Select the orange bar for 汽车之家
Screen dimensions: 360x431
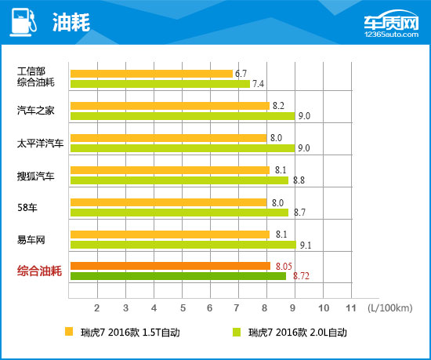pos(169,105)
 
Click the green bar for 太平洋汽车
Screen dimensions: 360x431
pos(182,148)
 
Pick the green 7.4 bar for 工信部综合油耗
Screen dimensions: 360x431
pos(159,84)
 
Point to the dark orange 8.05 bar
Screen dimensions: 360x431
pos(169,266)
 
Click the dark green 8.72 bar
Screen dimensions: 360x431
pos(179,276)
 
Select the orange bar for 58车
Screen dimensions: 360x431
pos(168,202)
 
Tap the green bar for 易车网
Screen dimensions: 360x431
pos(183,244)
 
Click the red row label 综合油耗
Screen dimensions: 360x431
pos(38,271)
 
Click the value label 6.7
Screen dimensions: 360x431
pos(242,73)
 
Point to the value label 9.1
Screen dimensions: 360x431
pos(306,245)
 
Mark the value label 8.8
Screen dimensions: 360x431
pos(299,180)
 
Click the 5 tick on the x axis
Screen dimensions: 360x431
pos(182,306)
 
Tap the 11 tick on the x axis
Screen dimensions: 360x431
pos(350,306)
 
